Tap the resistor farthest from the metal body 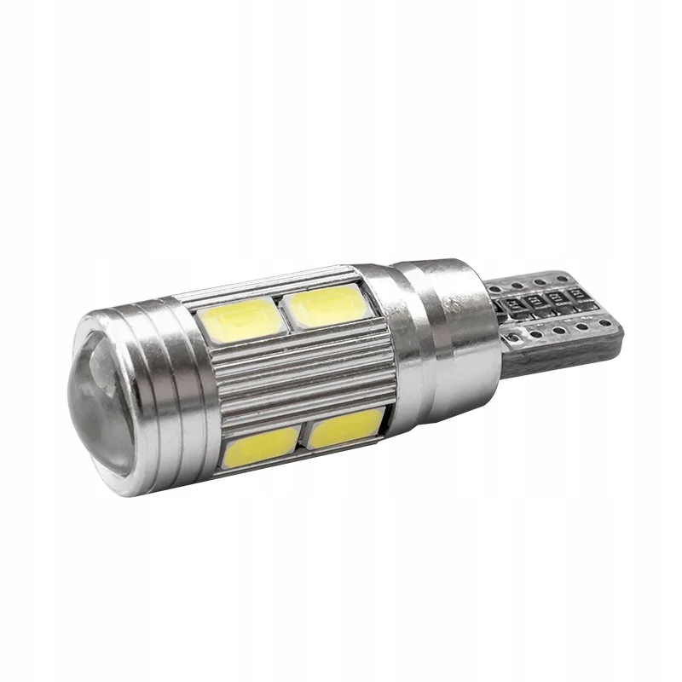[x=586, y=300]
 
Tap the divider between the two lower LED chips [x=302, y=436]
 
